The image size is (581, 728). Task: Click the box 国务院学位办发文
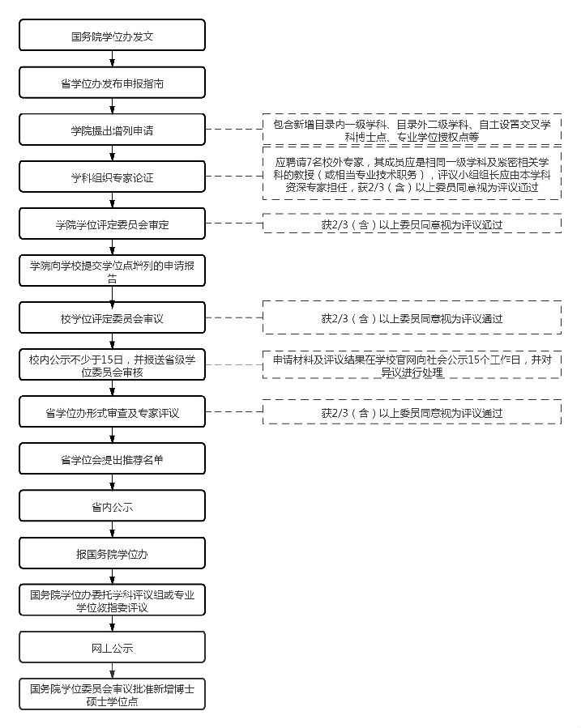click(113, 36)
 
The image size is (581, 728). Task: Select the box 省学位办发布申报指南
click(113, 83)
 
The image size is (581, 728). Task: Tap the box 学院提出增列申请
click(113, 130)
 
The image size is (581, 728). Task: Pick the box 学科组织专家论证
click(113, 177)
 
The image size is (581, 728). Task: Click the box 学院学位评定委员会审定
click(113, 224)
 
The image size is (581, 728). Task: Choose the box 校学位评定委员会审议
click(113, 318)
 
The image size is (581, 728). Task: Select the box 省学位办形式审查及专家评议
click(113, 412)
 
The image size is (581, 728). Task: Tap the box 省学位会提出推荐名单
click(113, 459)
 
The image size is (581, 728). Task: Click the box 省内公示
click(113, 507)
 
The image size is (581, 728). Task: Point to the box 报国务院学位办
click(113, 554)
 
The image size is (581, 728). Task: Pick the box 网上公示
click(113, 648)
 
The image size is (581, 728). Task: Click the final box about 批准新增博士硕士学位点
click(113, 695)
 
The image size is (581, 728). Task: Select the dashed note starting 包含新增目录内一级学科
click(412, 130)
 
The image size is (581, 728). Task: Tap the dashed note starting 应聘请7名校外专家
click(412, 174)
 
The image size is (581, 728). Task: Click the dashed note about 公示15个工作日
click(412, 365)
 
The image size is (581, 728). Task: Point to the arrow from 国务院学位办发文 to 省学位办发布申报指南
click(113, 59)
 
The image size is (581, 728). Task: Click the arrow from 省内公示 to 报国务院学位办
click(113, 530)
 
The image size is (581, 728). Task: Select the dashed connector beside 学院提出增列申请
click(233, 130)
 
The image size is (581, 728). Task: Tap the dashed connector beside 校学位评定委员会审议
click(233, 318)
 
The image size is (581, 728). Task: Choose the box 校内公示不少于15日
click(113, 365)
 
